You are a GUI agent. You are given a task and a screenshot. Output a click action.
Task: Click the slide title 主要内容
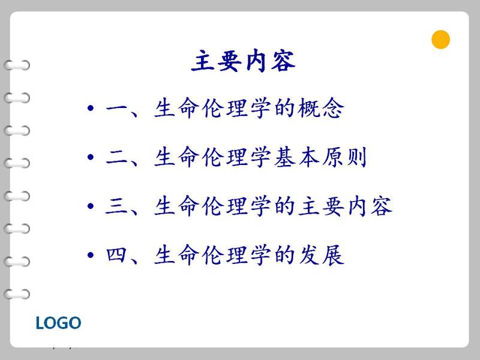pyautogui.click(x=244, y=61)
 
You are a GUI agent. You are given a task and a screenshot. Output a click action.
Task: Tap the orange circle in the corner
pyautogui.click(x=440, y=40)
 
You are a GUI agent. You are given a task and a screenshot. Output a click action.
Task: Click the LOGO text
pyautogui.click(x=58, y=323)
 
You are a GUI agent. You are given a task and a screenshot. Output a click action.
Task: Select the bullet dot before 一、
pyautogui.click(x=91, y=108)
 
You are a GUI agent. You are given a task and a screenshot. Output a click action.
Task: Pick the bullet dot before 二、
pyautogui.click(x=91, y=157)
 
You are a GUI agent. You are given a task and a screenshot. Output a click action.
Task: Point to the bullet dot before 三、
pyautogui.click(x=91, y=206)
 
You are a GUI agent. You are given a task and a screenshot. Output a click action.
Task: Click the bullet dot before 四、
pyautogui.click(x=91, y=255)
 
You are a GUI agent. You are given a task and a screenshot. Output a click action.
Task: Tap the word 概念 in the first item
pyautogui.click(x=321, y=108)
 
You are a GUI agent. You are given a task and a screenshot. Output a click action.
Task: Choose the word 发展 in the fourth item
pyautogui.click(x=321, y=255)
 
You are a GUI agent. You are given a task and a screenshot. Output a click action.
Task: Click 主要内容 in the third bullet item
pyautogui.click(x=345, y=206)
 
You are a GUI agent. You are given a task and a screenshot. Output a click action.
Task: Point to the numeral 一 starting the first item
pyautogui.click(x=116, y=108)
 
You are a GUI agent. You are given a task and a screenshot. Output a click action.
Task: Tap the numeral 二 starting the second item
pyautogui.click(x=116, y=158)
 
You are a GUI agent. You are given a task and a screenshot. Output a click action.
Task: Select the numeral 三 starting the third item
pyautogui.click(x=116, y=206)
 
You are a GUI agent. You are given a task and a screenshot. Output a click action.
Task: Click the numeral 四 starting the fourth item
pyautogui.click(x=116, y=255)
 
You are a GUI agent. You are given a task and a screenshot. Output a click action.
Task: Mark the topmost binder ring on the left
pyautogui.click(x=17, y=65)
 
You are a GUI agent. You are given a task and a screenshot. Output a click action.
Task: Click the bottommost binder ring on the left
pyautogui.click(x=17, y=294)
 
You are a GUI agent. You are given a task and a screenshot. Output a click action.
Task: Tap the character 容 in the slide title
pyautogui.click(x=283, y=61)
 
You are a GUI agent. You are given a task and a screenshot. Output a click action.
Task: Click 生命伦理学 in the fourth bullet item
pyautogui.click(x=212, y=255)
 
